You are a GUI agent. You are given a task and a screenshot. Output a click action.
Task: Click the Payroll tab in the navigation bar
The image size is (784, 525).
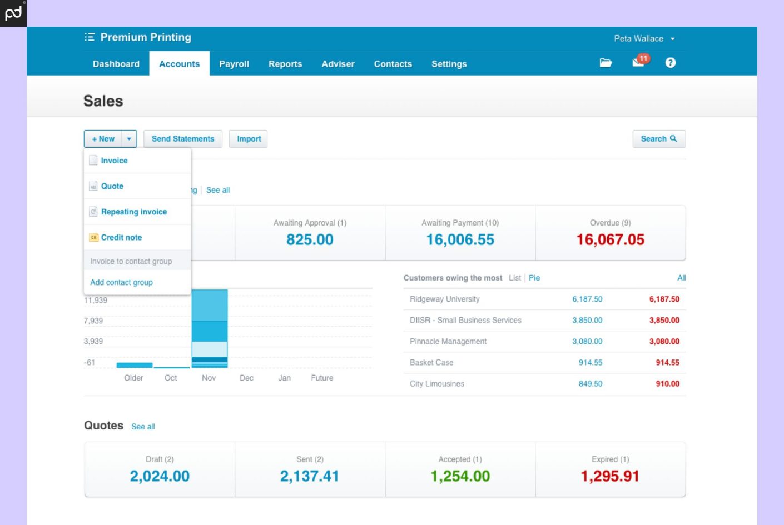234,64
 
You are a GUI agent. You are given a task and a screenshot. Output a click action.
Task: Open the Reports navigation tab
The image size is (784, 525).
285,64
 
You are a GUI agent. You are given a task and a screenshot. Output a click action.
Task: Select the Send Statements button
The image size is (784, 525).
182,139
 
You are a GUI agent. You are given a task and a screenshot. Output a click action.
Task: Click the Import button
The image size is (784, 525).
249,139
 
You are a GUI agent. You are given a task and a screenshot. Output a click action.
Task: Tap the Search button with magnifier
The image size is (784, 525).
658,139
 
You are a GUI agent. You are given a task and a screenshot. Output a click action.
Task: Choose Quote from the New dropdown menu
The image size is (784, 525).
112,186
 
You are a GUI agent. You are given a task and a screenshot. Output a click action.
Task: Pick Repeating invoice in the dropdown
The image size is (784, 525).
133,212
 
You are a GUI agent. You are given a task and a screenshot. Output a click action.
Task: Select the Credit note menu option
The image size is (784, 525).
121,237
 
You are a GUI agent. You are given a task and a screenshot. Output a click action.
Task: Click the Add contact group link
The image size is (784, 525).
121,282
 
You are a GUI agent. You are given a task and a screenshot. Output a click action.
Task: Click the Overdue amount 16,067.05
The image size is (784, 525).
610,239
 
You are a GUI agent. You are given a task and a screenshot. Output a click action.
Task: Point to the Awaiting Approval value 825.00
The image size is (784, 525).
310,239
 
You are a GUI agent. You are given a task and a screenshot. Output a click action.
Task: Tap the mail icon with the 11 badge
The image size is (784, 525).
639,62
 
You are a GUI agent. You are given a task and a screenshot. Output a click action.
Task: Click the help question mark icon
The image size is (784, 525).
670,63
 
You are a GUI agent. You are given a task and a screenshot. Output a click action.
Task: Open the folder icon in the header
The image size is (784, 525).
606,63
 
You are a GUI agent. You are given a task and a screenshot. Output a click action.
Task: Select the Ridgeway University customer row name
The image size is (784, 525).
444,299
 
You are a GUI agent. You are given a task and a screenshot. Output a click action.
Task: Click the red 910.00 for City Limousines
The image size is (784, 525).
667,383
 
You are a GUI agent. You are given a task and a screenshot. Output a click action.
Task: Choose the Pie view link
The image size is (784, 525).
534,278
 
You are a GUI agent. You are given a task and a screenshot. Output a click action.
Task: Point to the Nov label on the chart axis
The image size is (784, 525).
209,378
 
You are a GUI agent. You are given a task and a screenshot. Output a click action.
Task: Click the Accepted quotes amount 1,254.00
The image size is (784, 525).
460,476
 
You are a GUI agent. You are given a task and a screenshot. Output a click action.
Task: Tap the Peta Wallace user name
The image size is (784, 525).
638,38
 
